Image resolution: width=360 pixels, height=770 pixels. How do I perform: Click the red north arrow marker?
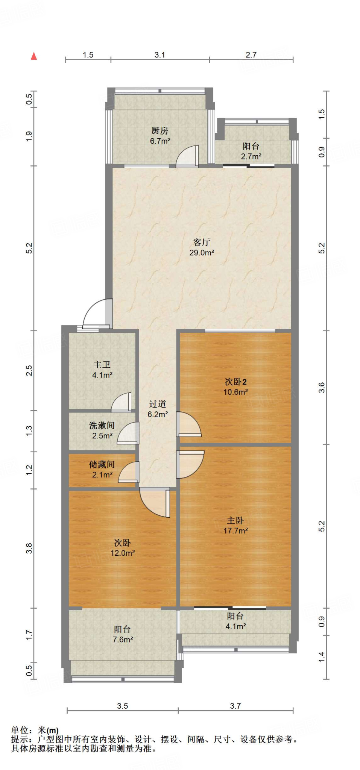[x=34, y=56]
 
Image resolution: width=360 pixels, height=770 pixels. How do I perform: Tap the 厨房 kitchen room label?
[x=159, y=130]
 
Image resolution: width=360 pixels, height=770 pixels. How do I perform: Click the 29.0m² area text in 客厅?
[x=202, y=253]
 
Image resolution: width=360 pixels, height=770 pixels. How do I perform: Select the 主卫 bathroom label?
[x=102, y=364]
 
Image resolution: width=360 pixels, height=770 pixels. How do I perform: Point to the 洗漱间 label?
[x=102, y=425]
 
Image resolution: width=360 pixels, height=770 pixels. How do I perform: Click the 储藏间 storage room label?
[x=102, y=464]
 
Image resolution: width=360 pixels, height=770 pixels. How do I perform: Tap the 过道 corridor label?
[x=157, y=404]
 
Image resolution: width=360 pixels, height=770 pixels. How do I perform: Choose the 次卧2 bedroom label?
[x=235, y=382]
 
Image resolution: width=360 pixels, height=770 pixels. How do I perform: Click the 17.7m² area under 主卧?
[x=235, y=531]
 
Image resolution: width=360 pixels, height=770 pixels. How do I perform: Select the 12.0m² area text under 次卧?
[x=123, y=553]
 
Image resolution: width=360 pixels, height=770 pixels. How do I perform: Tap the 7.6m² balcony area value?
[x=123, y=639]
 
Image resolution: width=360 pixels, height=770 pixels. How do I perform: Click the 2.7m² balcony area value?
[x=251, y=156]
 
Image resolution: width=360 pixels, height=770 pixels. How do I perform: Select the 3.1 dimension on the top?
[x=159, y=55]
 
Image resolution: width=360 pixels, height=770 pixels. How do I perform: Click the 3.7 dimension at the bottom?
[x=235, y=706]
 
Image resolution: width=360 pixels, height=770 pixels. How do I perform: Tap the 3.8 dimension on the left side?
[x=29, y=548]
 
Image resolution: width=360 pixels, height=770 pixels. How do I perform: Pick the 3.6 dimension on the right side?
[x=321, y=387]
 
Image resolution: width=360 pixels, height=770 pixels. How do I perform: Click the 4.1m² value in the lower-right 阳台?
[x=235, y=626]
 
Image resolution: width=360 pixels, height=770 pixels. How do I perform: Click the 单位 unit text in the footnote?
[x=20, y=730]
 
